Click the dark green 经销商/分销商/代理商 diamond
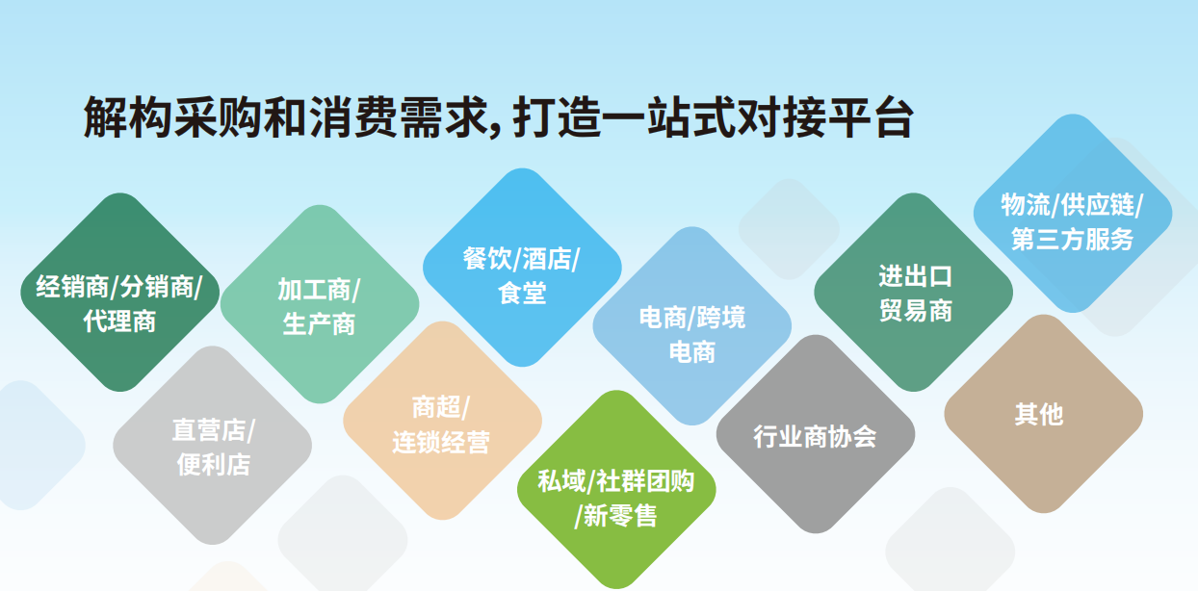119,293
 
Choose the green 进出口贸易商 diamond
914,293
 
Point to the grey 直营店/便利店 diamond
213,445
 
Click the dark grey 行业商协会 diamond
815,435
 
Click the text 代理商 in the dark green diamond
119,321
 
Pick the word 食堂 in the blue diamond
522,294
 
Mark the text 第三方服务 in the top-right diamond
1072,240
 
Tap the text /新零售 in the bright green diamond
615,517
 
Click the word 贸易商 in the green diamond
915,311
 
